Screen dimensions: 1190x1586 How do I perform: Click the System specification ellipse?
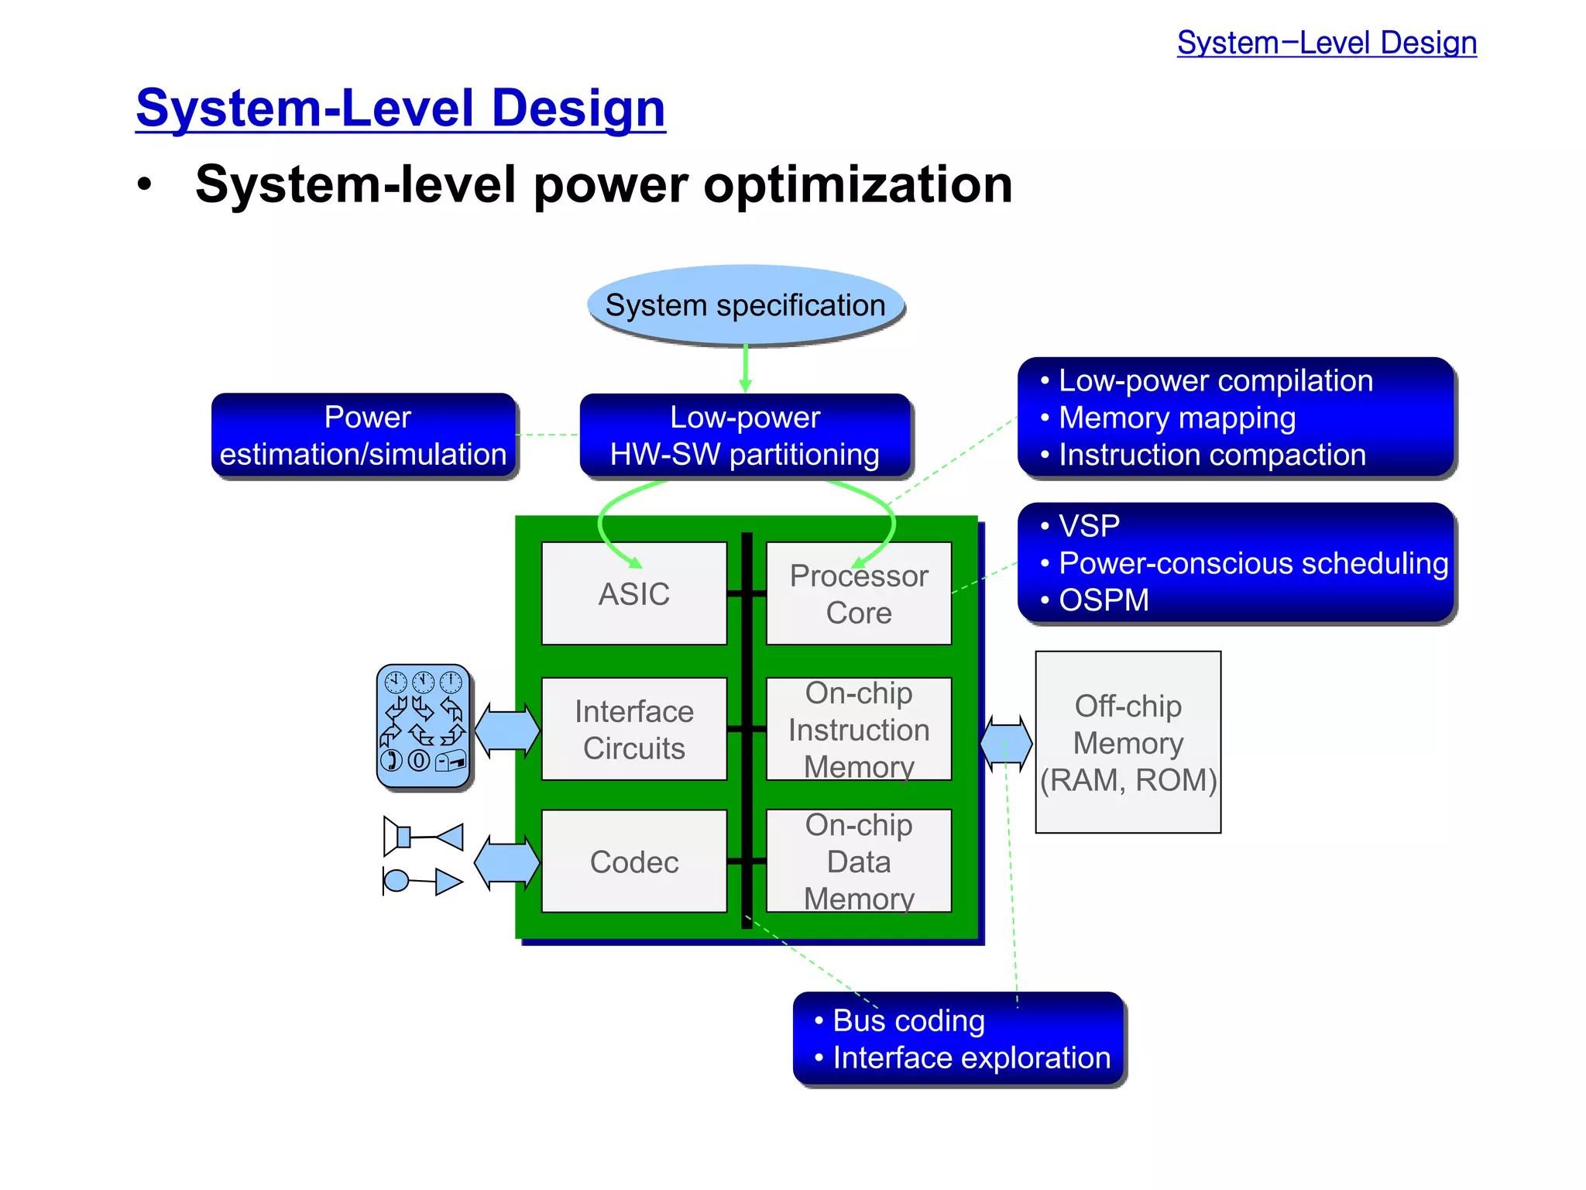click(x=745, y=305)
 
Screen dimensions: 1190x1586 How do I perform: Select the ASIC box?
click(x=633, y=593)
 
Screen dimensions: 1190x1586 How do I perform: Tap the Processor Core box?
click(x=858, y=594)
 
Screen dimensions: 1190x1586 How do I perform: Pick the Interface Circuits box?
click(x=633, y=729)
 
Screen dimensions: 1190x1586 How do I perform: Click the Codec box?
click(x=633, y=862)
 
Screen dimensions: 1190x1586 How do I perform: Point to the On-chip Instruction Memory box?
click(x=858, y=729)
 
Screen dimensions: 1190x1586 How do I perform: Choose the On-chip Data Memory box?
click(x=858, y=862)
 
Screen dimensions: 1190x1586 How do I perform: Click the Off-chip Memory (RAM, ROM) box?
click(x=1128, y=742)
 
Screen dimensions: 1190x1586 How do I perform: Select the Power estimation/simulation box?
click(x=363, y=435)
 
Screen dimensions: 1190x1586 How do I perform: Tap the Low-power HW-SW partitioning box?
click(x=745, y=435)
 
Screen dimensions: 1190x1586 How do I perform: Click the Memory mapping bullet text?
click(x=1177, y=418)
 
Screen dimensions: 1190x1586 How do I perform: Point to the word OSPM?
click(x=1104, y=600)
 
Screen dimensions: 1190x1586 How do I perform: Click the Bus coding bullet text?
click(x=908, y=1021)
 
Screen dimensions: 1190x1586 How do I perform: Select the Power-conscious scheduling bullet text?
click(x=1253, y=563)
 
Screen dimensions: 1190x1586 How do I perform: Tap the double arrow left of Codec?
click(x=506, y=862)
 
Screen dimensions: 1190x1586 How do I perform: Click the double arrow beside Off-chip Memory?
click(x=1005, y=742)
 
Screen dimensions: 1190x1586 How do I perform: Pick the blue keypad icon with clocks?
click(x=423, y=727)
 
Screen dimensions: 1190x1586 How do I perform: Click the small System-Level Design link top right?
click(x=1327, y=43)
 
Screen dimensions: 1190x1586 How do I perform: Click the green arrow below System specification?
click(x=745, y=369)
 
